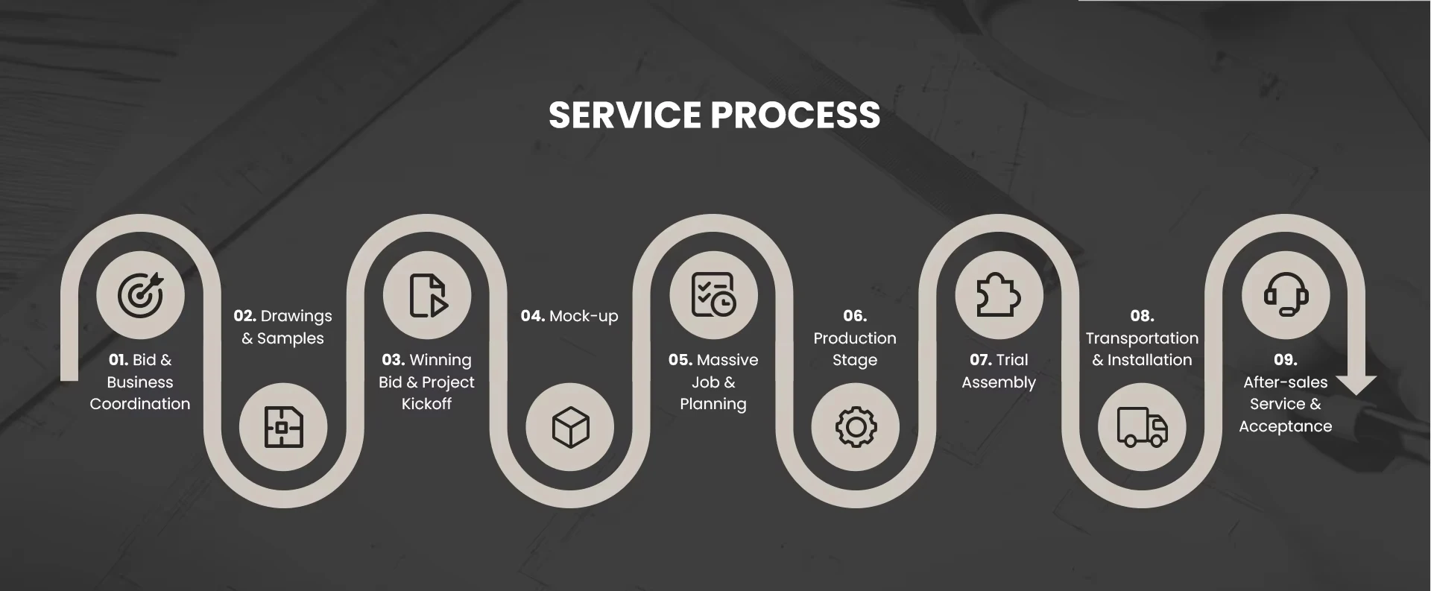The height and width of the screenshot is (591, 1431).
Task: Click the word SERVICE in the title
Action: point(625,116)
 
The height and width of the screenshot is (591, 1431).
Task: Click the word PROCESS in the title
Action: point(795,116)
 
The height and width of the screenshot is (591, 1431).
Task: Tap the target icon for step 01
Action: point(140,295)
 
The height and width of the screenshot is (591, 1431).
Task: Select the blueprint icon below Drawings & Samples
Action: point(283,427)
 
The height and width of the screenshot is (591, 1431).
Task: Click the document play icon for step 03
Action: point(427,295)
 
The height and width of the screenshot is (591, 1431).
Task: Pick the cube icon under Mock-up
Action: point(570,427)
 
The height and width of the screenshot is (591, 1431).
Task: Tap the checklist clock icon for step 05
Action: point(713,295)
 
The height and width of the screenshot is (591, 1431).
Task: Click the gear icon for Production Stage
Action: point(856,427)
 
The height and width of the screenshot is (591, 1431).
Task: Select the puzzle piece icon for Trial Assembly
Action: point(999,295)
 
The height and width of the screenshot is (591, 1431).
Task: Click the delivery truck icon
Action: point(1142,427)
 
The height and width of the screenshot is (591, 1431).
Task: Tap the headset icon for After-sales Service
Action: point(1286,295)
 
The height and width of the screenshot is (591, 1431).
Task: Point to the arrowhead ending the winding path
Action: point(1356,384)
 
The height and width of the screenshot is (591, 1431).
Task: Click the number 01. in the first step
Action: point(118,360)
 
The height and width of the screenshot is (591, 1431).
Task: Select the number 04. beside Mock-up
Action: point(532,316)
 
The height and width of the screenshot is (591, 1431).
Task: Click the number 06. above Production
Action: point(855,316)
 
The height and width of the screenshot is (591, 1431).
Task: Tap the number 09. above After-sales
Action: point(1285,360)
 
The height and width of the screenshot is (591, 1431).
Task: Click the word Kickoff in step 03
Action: point(426,404)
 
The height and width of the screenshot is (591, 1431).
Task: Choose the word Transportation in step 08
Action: point(1142,338)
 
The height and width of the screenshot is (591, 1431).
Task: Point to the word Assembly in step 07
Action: point(999,382)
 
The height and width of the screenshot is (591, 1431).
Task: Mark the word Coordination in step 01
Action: point(140,404)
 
